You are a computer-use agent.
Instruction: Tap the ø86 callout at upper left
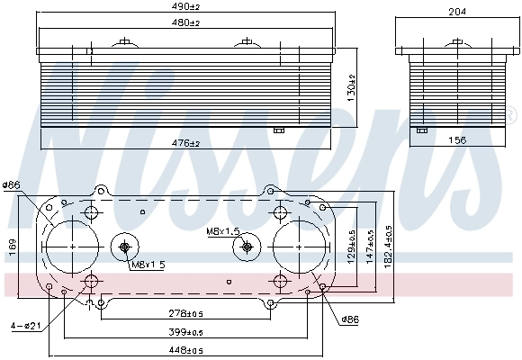click(13, 186)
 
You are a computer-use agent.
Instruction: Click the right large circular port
click(299, 244)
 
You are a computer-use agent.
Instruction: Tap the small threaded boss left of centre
click(125, 247)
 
